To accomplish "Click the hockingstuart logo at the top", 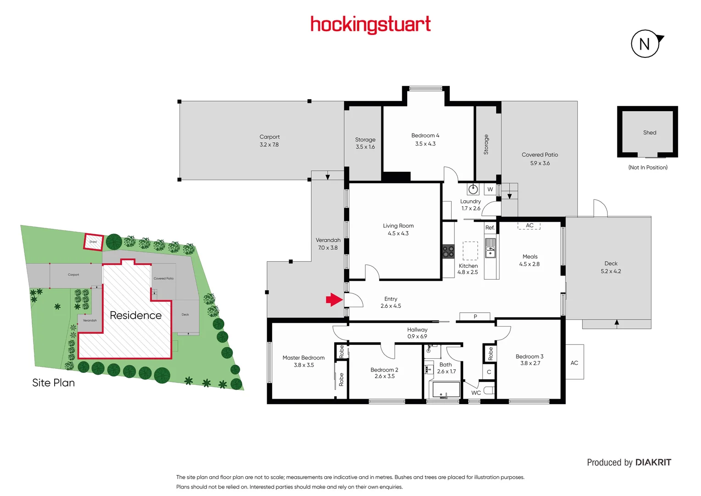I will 370,24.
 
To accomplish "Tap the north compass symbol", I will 645,44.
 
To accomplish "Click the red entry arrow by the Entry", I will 334,300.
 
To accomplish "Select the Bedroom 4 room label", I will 425,135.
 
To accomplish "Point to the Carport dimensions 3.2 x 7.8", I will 269,145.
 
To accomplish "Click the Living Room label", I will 398,225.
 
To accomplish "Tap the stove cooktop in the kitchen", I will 449,252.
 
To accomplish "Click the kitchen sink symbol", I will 491,248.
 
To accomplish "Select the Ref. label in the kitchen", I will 490,227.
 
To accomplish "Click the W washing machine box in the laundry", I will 490,189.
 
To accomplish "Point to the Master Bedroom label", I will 303,357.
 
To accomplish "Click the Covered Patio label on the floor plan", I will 540,155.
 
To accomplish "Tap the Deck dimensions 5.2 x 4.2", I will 611,271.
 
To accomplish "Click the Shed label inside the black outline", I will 650,133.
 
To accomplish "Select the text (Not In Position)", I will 648,168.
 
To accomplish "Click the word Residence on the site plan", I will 135,315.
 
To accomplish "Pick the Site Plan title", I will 53,383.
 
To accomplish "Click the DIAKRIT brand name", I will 653,462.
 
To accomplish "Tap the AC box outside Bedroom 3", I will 574,362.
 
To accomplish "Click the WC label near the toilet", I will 476,393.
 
